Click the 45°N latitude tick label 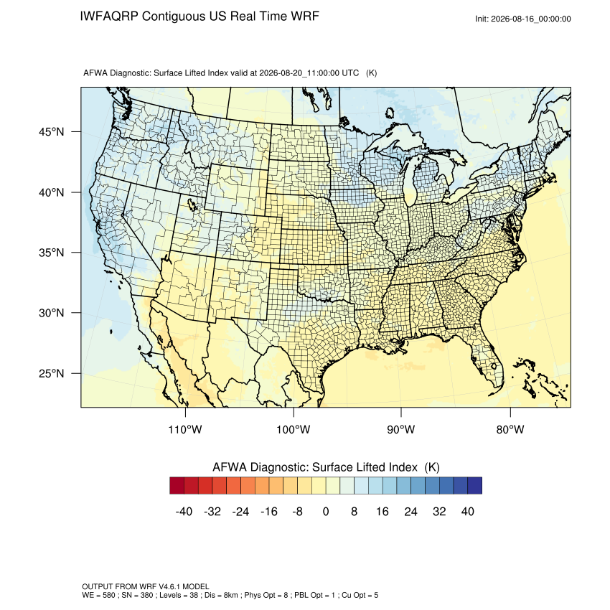click(51, 132)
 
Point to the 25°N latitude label click(51, 373)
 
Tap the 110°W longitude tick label click(185, 429)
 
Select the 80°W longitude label click(510, 429)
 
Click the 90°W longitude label click(400, 429)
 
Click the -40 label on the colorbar click(184, 511)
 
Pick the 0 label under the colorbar click(326, 511)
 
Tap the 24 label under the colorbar click(410, 511)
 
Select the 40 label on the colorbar click(468, 511)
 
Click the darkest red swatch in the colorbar click(177, 486)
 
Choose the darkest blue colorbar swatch click(474, 486)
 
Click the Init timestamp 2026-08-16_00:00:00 click(530, 19)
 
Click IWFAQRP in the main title click(109, 17)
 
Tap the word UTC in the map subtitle click(350, 73)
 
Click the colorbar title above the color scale click(326, 467)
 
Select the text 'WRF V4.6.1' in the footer click(160, 586)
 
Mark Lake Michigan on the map click(409, 183)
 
